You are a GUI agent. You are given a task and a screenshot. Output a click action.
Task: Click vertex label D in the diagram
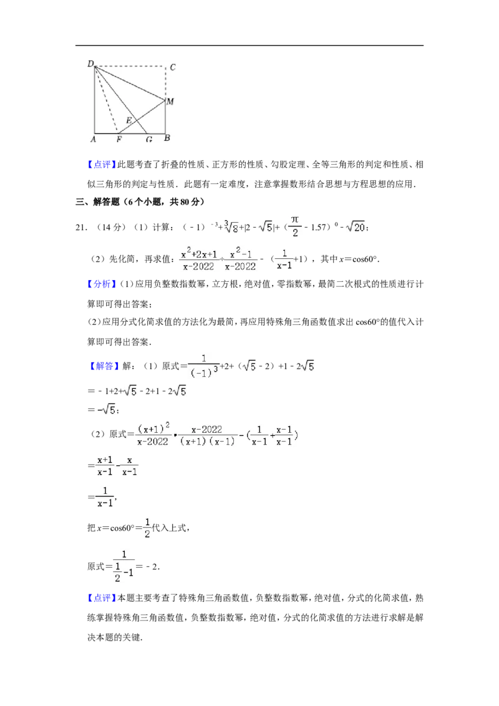click(x=90, y=64)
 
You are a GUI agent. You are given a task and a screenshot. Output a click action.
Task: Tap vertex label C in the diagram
click(x=173, y=67)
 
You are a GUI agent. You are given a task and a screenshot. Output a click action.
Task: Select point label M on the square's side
click(x=170, y=102)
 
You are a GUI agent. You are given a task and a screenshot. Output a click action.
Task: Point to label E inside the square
click(x=128, y=120)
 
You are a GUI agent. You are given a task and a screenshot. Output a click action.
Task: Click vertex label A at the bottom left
click(x=93, y=139)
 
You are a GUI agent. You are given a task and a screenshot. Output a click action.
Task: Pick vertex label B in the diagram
click(x=167, y=138)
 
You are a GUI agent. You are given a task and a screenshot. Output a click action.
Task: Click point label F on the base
click(x=119, y=140)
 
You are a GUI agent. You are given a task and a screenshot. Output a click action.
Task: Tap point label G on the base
click(x=149, y=140)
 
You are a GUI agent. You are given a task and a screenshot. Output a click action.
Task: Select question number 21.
click(x=81, y=228)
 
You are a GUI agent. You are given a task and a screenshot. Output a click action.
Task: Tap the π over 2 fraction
click(x=295, y=226)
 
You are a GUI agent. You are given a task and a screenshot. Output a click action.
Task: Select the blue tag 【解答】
click(x=102, y=366)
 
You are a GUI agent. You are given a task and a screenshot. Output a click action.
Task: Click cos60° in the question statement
click(x=364, y=259)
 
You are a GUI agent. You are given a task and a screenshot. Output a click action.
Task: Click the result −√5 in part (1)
click(x=107, y=410)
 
